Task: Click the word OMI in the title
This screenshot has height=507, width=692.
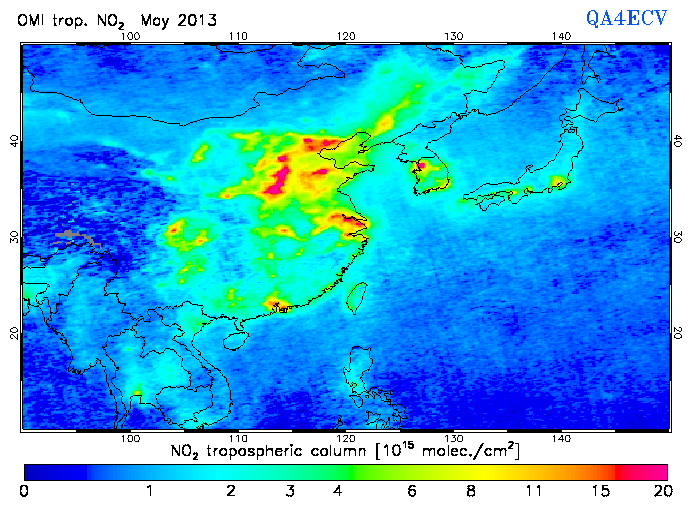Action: coord(32,20)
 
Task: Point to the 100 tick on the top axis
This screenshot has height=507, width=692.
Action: coord(129,36)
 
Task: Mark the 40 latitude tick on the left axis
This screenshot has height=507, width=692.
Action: coord(14,141)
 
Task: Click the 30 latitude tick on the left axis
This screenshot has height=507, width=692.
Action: coord(14,236)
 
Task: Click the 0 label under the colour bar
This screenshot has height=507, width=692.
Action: coord(24,491)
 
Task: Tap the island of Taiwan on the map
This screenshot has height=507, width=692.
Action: coord(354,297)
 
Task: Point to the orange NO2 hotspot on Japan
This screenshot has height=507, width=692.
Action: coord(558,182)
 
